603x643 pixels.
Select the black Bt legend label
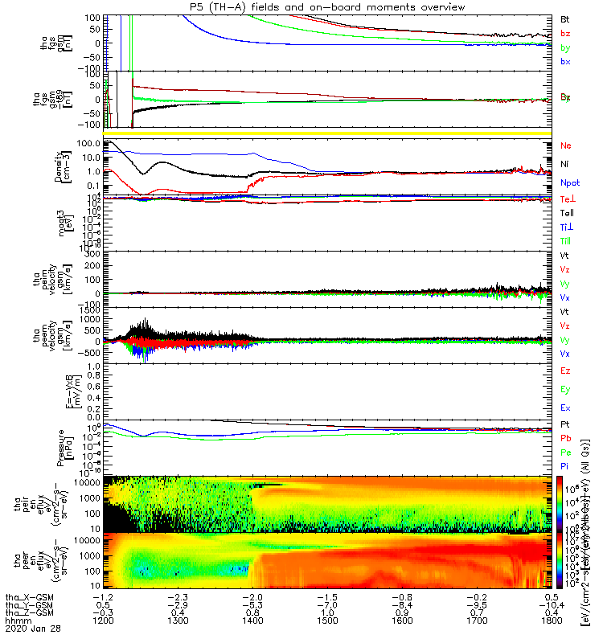(564, 18)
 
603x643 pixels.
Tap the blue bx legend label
(565, 62)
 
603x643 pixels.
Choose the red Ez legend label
(565, 370)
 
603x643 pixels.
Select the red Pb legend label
(565, 438)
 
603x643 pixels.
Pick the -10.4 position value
(551, 604)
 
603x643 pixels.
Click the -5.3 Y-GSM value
(252, 604)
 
